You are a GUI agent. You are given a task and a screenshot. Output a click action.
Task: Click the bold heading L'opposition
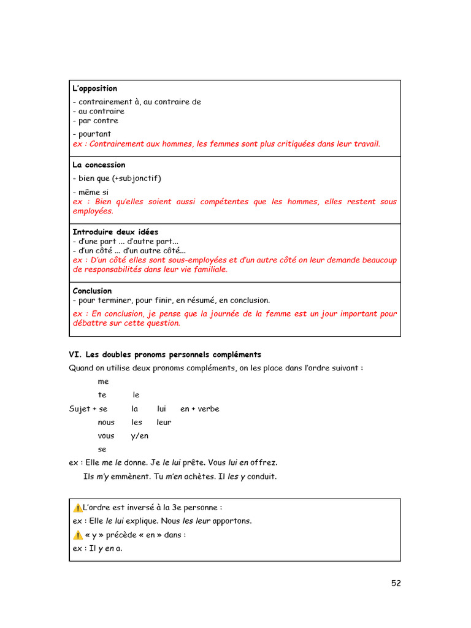(x=94, y=89)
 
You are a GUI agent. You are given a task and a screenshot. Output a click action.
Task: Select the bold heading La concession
(x=99, y=165)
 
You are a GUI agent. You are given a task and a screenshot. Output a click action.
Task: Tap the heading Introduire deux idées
(x=115, y=232)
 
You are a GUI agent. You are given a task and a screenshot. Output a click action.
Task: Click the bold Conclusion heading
(x=92, y=291)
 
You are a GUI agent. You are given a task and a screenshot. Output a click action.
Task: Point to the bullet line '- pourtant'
(x=91, y=134)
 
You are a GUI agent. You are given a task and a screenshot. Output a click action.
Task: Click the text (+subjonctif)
(x=136, y=178)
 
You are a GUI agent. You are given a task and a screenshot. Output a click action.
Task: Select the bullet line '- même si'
(x=90, y=192)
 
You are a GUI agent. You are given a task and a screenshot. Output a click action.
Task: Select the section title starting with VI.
(x=164, y=354)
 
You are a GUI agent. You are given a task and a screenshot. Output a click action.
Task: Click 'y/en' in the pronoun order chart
(x=140, y=436)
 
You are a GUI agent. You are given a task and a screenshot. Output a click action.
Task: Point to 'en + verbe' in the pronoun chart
(x=199, y=409)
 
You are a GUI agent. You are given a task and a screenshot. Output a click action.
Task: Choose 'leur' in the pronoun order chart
(x=164, y=423)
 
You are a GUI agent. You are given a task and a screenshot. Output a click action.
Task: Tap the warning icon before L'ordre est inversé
(x=77, y=508)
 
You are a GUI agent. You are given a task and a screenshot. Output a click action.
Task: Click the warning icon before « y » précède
(x=77, y=535)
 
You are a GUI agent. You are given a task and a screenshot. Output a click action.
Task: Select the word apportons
(x=232, y=521)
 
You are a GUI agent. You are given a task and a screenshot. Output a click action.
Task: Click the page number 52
(x=396, y=583)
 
